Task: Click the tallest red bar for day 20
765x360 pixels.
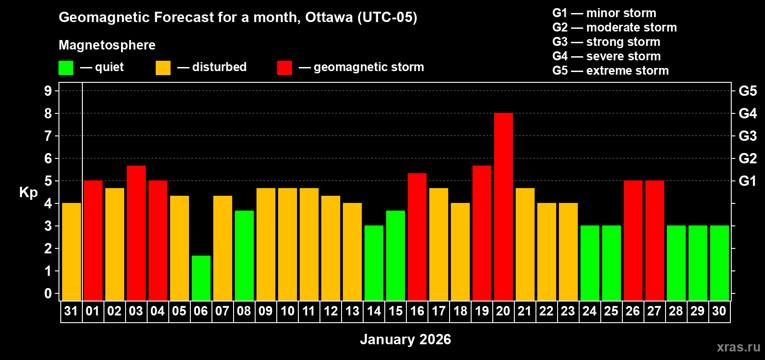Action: coord(503,207)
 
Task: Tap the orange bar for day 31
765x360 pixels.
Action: coord(72,252)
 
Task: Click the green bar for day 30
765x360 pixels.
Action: coord(719,263)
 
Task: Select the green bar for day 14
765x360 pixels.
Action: coord(374,263)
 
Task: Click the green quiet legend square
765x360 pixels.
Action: coord(66,68)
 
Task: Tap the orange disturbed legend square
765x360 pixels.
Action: coord(163,68)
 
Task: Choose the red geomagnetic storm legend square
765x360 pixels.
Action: coord(284,68)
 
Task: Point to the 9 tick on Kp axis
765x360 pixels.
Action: coord(48,91)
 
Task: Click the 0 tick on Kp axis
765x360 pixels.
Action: coord(48,294)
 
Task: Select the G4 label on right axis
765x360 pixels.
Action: coord(747,113)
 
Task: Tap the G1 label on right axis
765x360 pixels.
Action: coord(747,181)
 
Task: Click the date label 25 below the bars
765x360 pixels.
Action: coord(611,311)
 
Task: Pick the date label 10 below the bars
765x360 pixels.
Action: coord(287,311)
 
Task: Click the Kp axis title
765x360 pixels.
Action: coord(28,193)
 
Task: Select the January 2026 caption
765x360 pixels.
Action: coord(405,339)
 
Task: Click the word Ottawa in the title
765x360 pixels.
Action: coord(329,18)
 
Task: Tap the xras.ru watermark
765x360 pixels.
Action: coord(738,347)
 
